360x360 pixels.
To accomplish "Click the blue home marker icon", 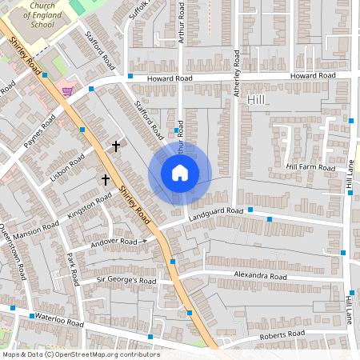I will coord(179,172).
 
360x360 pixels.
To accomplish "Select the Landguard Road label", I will coord(215,212).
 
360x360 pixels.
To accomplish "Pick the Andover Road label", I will coord(114,241).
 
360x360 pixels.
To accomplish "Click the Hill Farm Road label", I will coord(310,167).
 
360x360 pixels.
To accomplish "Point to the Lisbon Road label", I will coord(66,169).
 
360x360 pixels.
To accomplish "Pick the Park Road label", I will coord(73,270).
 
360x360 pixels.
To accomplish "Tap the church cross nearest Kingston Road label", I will coord(105,180).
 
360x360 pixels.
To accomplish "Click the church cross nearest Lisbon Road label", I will coord(116,146).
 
